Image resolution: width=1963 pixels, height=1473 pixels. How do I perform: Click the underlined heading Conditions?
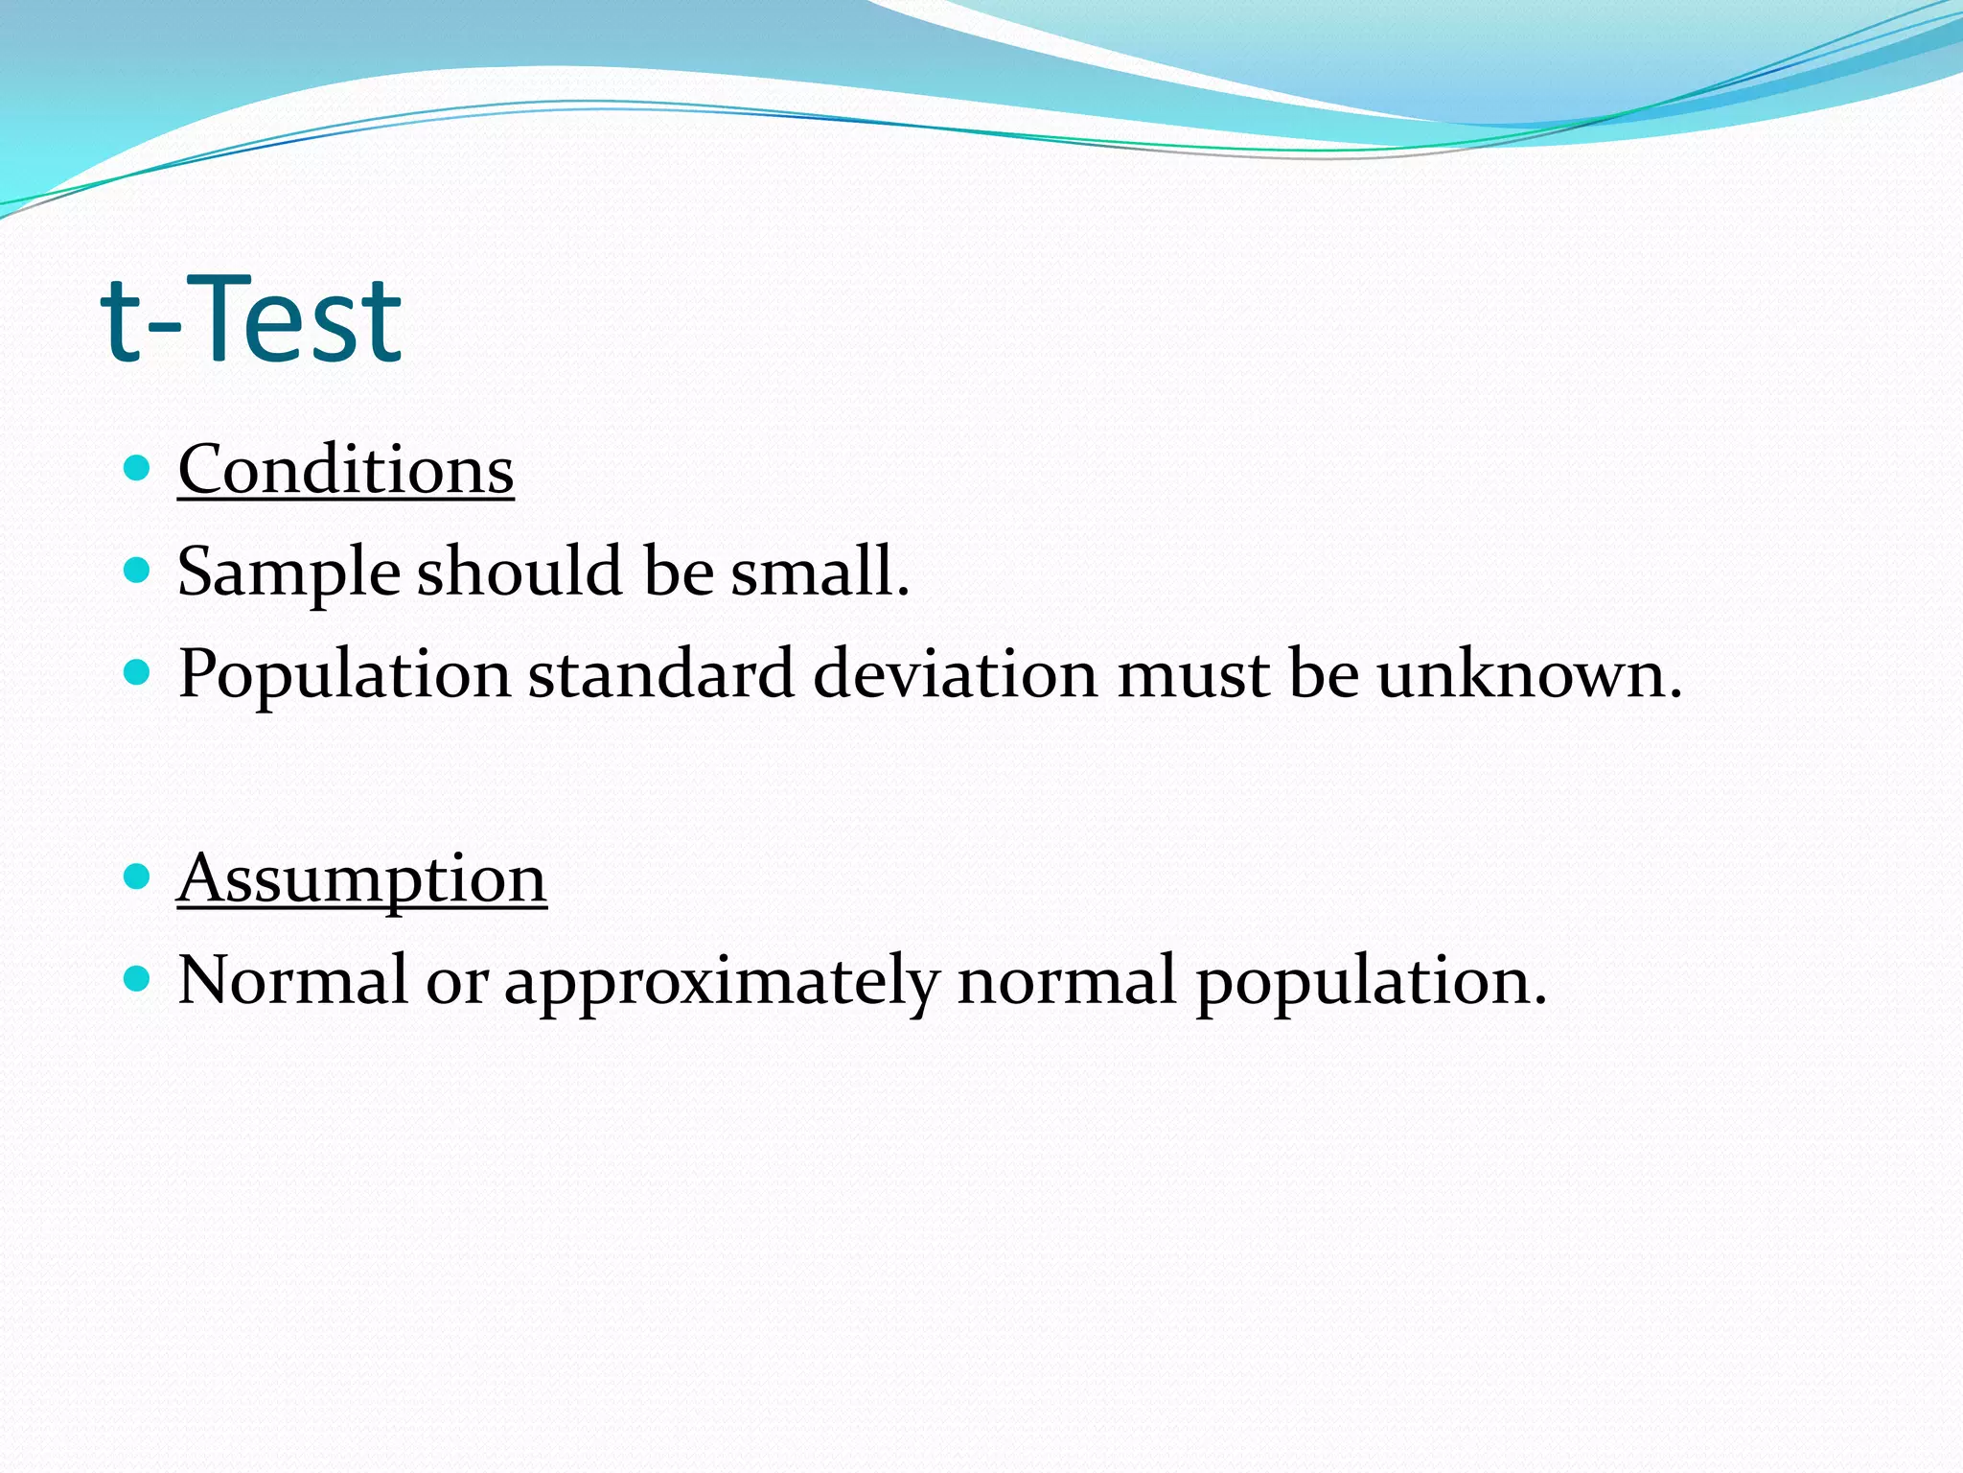point(345,470)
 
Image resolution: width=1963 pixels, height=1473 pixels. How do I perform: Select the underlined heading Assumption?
point(361,878)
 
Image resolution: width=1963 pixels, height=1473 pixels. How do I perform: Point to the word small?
point(820,572)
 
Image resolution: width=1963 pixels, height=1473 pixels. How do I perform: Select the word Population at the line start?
point(343,675)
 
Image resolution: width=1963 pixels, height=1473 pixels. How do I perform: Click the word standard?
point(660,673)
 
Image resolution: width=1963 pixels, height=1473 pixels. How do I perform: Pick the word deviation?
point(955,673)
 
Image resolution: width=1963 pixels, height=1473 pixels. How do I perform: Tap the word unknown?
point(1529,673)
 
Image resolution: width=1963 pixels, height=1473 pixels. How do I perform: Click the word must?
point(1192,675)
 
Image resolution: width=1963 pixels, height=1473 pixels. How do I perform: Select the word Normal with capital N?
point(292,979)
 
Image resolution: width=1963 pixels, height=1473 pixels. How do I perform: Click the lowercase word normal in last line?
point(1066,979)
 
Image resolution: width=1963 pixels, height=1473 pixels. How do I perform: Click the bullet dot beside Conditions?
point(138,468)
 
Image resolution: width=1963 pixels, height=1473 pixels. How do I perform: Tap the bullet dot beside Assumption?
point(138,877)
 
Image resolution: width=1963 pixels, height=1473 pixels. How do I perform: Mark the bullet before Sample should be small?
point(138,571)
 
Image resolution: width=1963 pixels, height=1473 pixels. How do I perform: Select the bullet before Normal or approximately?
point(138,978)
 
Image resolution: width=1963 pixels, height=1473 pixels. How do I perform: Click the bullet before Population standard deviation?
point(138,672)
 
